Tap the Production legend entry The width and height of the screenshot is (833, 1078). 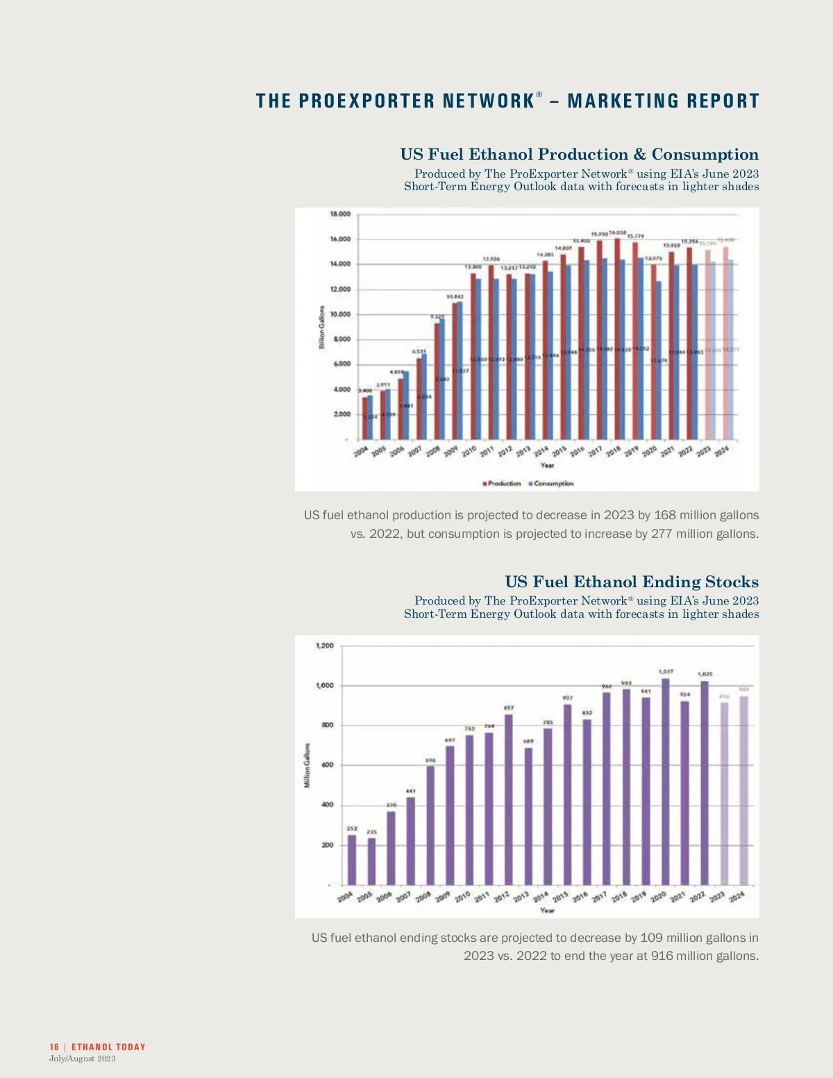(504, 483)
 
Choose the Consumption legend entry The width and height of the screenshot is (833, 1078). (553, 483)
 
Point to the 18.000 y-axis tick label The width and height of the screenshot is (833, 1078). (340, 214)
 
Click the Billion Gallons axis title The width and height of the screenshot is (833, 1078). (322, 327)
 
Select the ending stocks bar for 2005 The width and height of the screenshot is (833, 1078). (371, 861)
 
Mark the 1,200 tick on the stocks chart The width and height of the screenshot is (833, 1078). (325, 646)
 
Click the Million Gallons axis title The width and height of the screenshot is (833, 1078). (307, 765)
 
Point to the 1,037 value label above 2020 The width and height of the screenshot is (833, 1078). (666, 672)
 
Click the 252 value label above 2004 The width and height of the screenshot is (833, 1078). (352, 829)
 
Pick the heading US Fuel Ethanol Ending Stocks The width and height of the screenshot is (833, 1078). (632, 582)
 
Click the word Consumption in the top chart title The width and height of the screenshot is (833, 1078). (705, 154)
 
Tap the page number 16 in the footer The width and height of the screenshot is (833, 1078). (54, 1047)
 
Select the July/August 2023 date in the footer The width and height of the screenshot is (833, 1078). (82, 1059)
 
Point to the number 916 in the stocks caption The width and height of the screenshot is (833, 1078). (662, 956)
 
